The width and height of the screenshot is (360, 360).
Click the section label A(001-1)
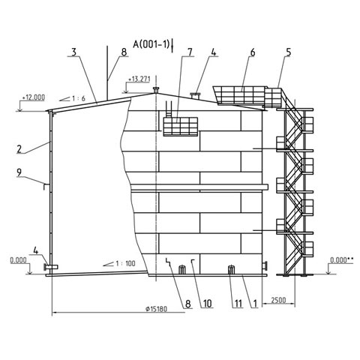coord(151,44)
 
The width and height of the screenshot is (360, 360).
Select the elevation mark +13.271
coord(139,79)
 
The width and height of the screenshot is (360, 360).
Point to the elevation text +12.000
coord(34,97)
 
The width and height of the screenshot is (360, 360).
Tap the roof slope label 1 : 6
coord(79,98)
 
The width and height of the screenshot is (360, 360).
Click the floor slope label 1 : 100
coord(125,263)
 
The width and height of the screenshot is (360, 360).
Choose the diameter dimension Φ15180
coord(156,309)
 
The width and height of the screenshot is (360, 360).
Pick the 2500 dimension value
coord(278,300)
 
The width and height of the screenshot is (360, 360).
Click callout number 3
coord(73,52)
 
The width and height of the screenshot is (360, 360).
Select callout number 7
coord(190,52)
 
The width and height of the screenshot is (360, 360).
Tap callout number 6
coord(253,52)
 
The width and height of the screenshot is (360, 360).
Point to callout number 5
coord(289,52)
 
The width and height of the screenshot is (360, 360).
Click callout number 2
coord(19,149)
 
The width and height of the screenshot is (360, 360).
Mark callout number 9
coord(19,172)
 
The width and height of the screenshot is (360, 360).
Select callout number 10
coord(207,304)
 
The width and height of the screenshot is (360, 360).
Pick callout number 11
coord(238,304)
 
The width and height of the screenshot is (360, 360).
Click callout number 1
coord(255,304)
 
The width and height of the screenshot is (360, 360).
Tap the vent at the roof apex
coord(156,90)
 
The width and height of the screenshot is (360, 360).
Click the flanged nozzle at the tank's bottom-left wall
coord(51,267)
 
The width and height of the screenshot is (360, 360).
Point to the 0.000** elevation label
coord(342,260)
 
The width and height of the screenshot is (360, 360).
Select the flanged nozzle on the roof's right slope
coord(196,96)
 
